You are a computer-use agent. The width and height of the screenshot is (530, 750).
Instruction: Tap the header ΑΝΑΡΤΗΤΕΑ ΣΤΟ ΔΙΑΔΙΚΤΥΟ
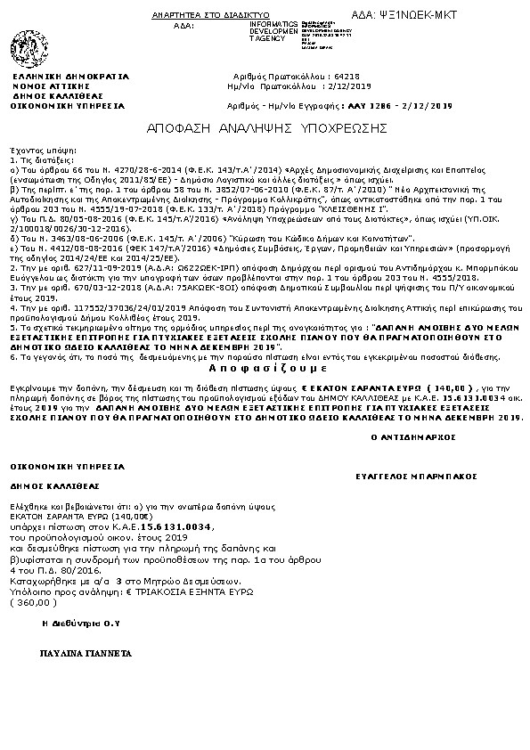[x=223, y=16]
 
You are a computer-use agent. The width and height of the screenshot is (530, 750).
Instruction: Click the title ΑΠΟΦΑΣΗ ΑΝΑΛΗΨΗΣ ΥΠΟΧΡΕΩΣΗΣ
[x=266, y=128]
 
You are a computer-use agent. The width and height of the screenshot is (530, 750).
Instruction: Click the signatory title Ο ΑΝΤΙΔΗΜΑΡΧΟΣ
[x=412, y=437]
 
